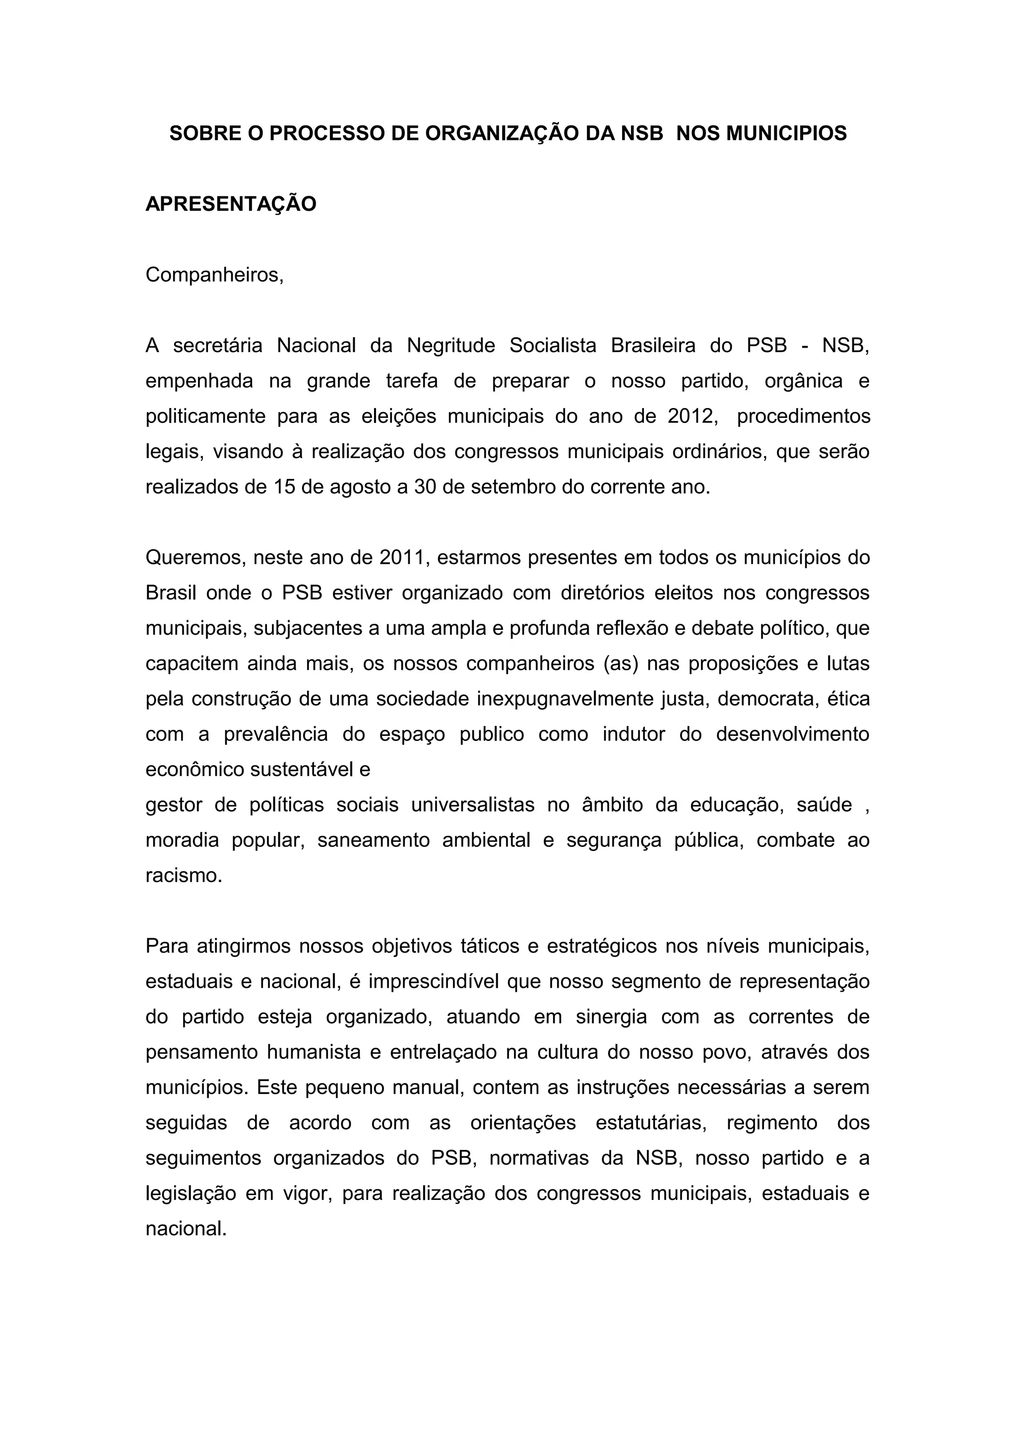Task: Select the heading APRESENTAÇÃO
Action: (x=231, y=204)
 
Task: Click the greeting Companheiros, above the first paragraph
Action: (x=215, y=275)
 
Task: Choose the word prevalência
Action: (x=275, y=734)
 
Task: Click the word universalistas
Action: (x=473, y=805)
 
